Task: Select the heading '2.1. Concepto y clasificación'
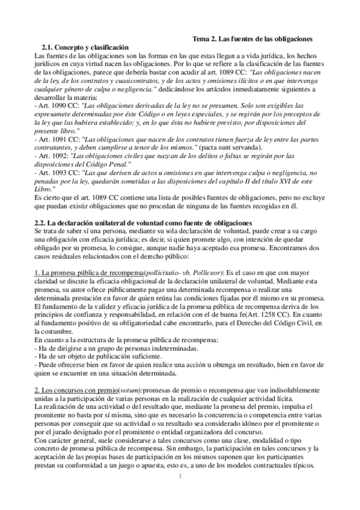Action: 85,47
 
